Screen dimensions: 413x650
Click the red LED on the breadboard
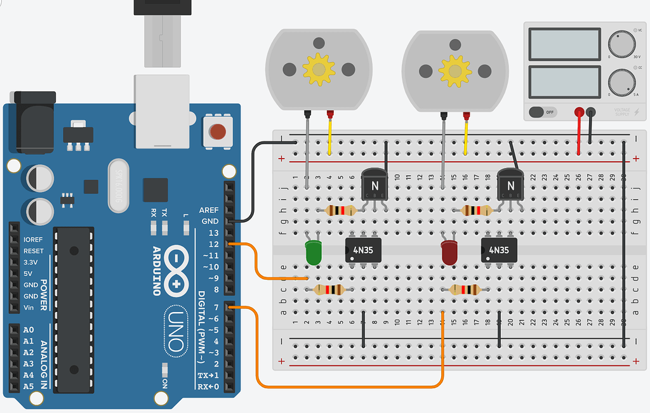[x=449, y=252]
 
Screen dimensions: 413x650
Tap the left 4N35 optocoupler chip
[x=363, y=250]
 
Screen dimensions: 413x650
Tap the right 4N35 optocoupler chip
[x=499, y=250]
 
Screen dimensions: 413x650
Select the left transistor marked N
[x=374, y=185]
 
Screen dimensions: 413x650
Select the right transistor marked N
[x=510, y=185]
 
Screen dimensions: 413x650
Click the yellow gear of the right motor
[x=455, y=69]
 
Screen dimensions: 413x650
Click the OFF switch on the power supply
[x=541, y=112]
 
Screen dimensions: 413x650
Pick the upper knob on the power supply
[x=621, y=45]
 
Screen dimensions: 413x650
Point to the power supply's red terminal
[x=579, y=112]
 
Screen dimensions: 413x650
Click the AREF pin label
[x=209, y=210]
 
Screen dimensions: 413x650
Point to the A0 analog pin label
[x=28, y=330]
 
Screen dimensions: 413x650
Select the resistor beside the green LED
[x=329, y=290]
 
